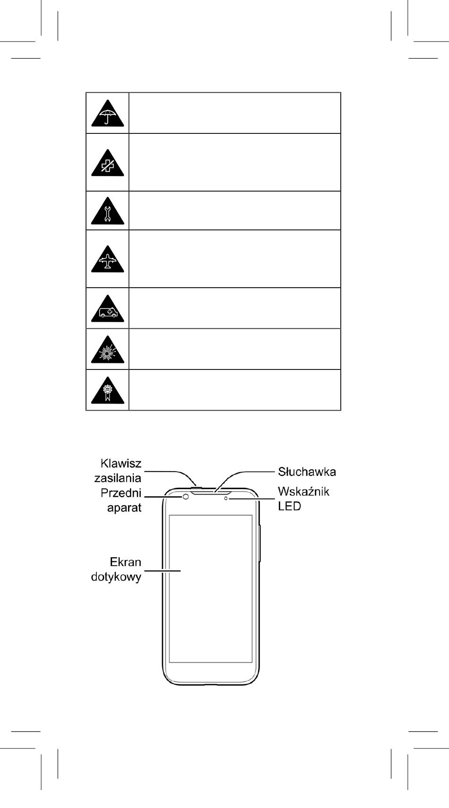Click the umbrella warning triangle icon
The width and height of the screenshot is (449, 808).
107,114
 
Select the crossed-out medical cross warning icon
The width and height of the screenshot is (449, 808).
107,163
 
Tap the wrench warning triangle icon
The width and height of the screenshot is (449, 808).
107,212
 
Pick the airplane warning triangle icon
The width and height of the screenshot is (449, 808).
107,260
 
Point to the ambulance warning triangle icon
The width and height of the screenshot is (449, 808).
107,309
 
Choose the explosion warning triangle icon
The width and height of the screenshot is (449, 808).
107,350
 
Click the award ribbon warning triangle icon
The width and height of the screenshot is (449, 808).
107,391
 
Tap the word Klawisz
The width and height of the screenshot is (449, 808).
121,463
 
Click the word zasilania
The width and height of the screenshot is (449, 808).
118,478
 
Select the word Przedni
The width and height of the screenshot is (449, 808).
121,493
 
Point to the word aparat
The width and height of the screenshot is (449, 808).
124,508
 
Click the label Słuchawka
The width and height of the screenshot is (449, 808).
307,472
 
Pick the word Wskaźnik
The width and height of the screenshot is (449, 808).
304,492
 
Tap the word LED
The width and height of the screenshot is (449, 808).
289,506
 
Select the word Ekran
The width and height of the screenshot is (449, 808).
125,562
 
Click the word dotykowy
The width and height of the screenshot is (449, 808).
116,577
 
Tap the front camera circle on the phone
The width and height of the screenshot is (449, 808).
186,497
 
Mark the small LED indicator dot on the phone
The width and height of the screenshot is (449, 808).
226,499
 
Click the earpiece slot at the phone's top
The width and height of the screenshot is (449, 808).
212,492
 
